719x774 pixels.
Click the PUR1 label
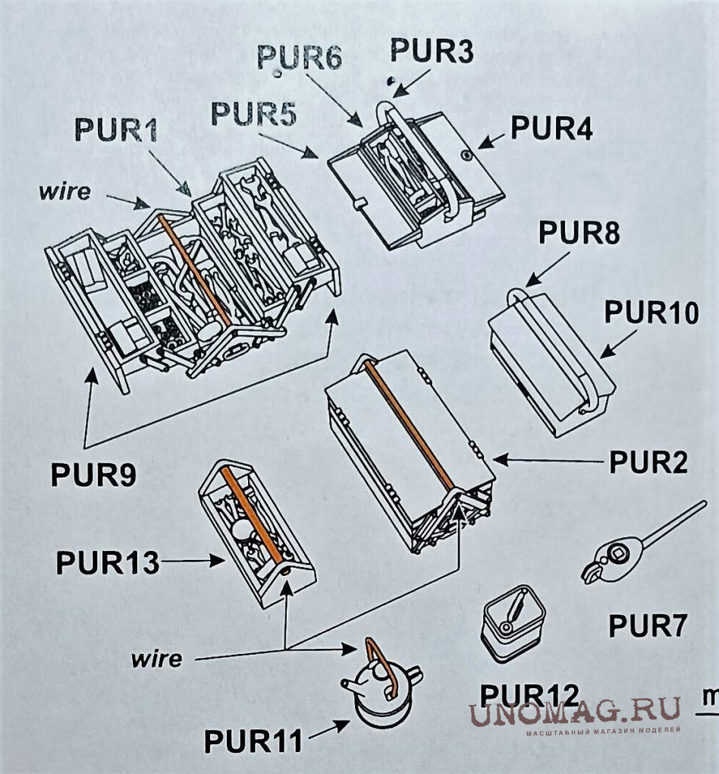(116, 130)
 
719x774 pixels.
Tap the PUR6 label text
(299, 57)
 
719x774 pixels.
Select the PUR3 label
(432, 52)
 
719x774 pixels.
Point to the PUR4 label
(551, 127)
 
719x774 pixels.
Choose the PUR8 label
(579, 233)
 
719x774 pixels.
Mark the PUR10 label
(651, 312)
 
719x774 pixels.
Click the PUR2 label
(648, 461)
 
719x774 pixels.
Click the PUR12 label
(529, 694)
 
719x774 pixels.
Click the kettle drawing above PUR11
(381, 687)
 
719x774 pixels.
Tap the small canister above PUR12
(513, 621)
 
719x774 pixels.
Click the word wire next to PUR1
(64, 190)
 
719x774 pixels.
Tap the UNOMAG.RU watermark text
(573, 713)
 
